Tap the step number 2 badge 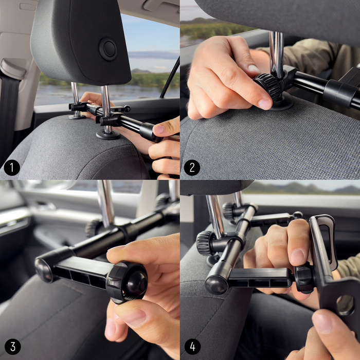(x=192, y=168)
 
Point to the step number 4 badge (x=192, y=347)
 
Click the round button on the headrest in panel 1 (x=108, y=49)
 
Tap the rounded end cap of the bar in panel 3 (x=45, y=269)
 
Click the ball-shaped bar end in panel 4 (x=216, y=284)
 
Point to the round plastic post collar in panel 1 (x=107, y=135)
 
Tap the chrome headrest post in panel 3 (x=106, y=203)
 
